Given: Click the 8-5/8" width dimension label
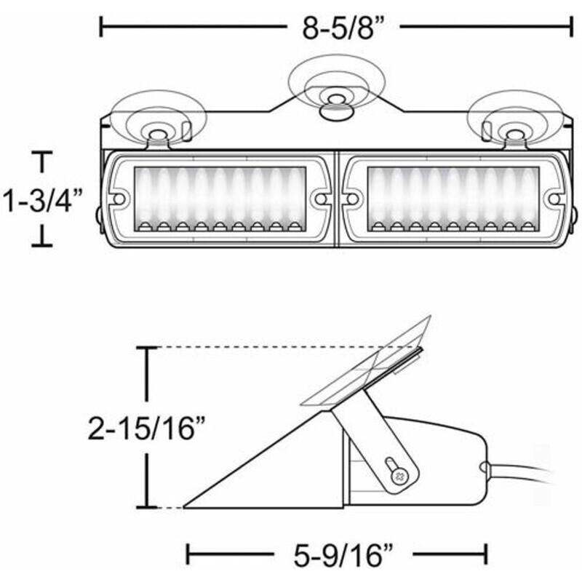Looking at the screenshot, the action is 343,28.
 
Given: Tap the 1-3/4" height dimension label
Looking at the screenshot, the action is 42,201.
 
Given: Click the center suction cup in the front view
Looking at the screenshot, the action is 337,87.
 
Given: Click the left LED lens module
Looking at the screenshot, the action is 220,199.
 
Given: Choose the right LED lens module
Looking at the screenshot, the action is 453,199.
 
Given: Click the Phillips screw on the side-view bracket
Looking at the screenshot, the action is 399,475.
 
